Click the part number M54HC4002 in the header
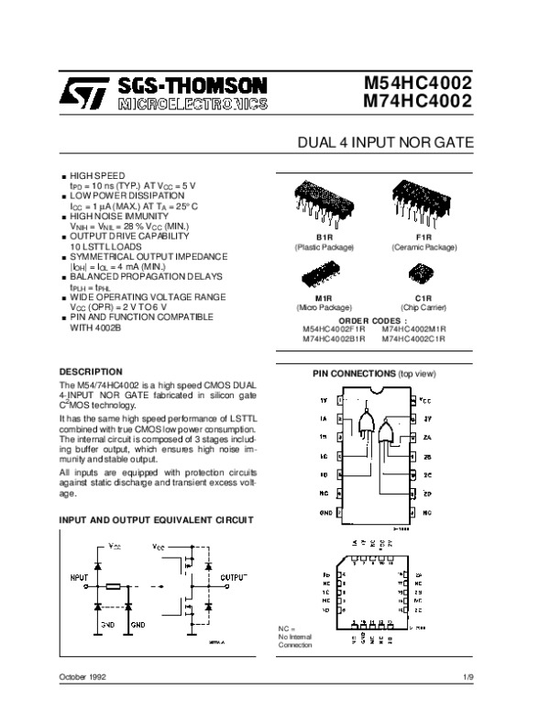click(x=418, y=83)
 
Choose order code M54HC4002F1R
click(x=334, y=329)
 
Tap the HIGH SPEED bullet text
click(x=97, y=173)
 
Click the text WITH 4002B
click(x=97, y=326)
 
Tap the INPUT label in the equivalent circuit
click(x=79, y=576)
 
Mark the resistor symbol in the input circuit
click(x=115, y=585)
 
